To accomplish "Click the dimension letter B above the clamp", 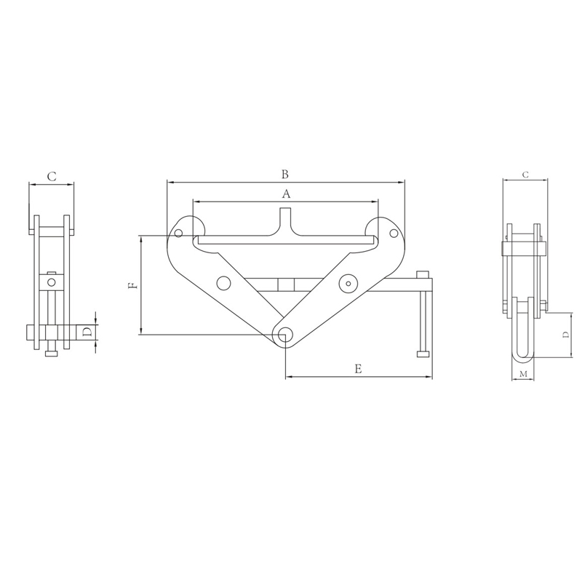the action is tap(284, 174).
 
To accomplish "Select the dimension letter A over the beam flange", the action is tap(286, 194).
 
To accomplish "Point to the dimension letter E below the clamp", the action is tap(358, 369).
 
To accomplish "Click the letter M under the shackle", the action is tap(523, 374).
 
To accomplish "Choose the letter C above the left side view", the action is tap(52, 176).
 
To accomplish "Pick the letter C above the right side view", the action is tap(525, 175).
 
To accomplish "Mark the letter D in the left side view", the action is tap(87, 332).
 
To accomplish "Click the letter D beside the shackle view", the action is tap(566, 335).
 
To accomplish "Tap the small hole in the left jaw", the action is tap(178, 233).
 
